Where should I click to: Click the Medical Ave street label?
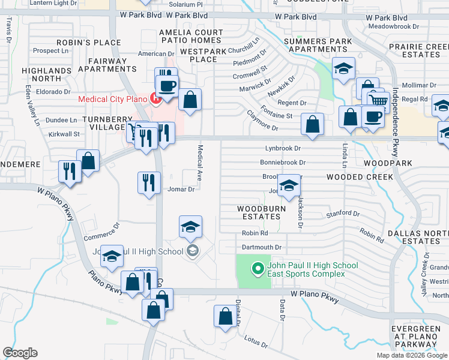coord(200,161)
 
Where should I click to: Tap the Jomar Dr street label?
coord(181,190)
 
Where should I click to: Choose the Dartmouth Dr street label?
coord(262,247)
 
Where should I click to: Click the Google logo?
coord(20,353)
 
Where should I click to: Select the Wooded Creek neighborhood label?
coord(360,177)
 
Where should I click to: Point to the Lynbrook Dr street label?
coord(283,148)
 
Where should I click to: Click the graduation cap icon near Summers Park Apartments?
coord(343,69)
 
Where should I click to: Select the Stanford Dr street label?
coord(343,214)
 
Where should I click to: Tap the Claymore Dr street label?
coord(263,128)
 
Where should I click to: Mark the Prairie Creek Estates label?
coord(414,50)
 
